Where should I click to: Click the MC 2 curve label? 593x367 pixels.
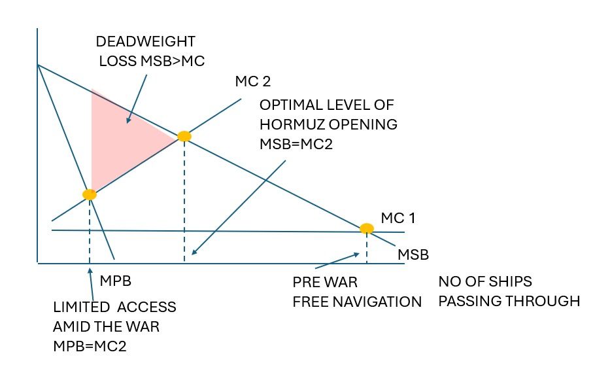click(x=252, y=82)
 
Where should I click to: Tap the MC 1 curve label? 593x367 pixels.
click(x=398, y=218)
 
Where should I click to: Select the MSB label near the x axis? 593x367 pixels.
click(x=413, y=254)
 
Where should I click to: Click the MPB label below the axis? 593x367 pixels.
click(x=114, y=282)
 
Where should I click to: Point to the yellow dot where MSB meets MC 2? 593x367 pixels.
click(x=184, y=136)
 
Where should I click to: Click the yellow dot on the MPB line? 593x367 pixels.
click(x=90, y=194)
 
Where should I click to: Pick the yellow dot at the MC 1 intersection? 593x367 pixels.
click(x=367, y=228)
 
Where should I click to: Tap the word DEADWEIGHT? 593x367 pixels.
click(x=145, y=42)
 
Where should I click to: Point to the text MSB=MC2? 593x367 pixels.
click(x=296, y=144)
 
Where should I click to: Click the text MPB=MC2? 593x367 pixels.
click(x=90, y=346)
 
